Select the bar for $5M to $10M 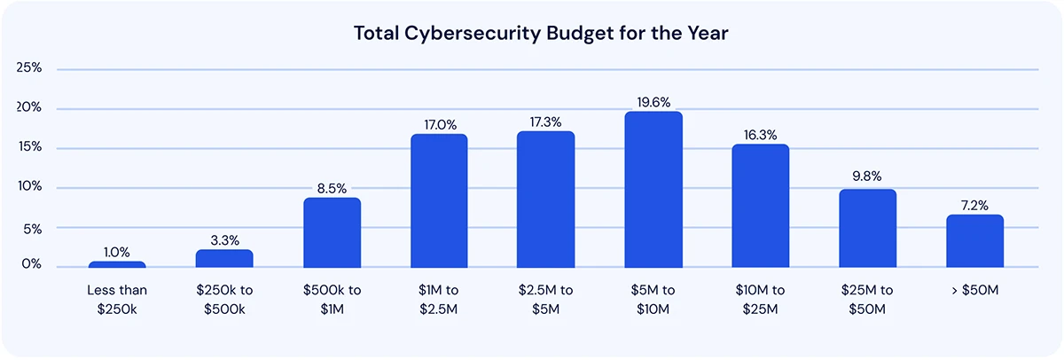click(x=653, y=190)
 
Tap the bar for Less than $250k click(x=117, y=264)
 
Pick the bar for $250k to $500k click(x=224, y=258)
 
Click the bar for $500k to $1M click(x=332, y=232)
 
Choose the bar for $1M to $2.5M click(x=439, y=201)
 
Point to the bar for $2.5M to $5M click(x=546, y=200)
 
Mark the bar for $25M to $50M click(x=867, y=228)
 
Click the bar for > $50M click(x=974, y=241)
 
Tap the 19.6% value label click(x=653, y=102)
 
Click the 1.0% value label click(x=117, y=252)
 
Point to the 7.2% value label click(x=974, y=205)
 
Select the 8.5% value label click(x=332, y=188)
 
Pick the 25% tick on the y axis click(x=30, y=68)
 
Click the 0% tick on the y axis click(x=32, y=265)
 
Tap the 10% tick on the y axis click(x=30, y=187)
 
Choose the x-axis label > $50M click(x=974, y=290)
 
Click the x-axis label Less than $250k click(x=117, y=298)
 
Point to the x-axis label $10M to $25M click(x=760, y=298)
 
